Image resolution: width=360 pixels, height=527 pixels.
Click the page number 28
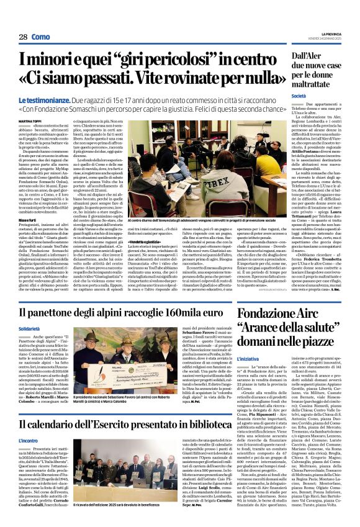click(23, 37)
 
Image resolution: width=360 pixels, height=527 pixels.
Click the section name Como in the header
click(40, 37)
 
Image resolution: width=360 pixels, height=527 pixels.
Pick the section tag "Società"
click(316, 96)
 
